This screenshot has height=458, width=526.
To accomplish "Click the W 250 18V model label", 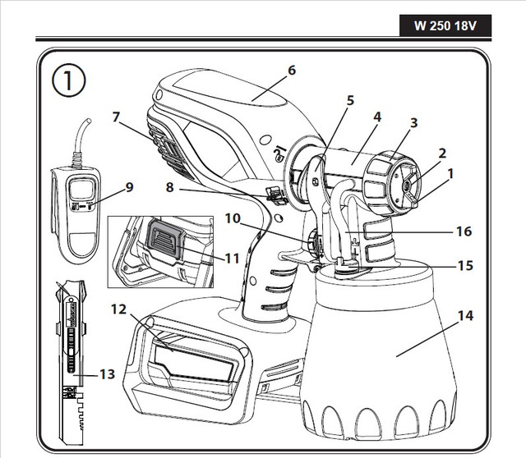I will tap(445, 25).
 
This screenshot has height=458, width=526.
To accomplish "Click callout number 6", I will tap(291, 71).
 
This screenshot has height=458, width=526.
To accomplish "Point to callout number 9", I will tap(128, 186).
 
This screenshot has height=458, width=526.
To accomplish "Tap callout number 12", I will tap(120, 311).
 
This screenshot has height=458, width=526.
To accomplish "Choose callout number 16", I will tap(464, 231).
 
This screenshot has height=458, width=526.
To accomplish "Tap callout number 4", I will tap(376, 117).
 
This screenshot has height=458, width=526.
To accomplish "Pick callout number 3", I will tap(414, 123).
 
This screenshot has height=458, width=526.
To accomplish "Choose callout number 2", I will tap(441, 153).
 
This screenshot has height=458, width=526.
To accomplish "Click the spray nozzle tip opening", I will tap(408, 185).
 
